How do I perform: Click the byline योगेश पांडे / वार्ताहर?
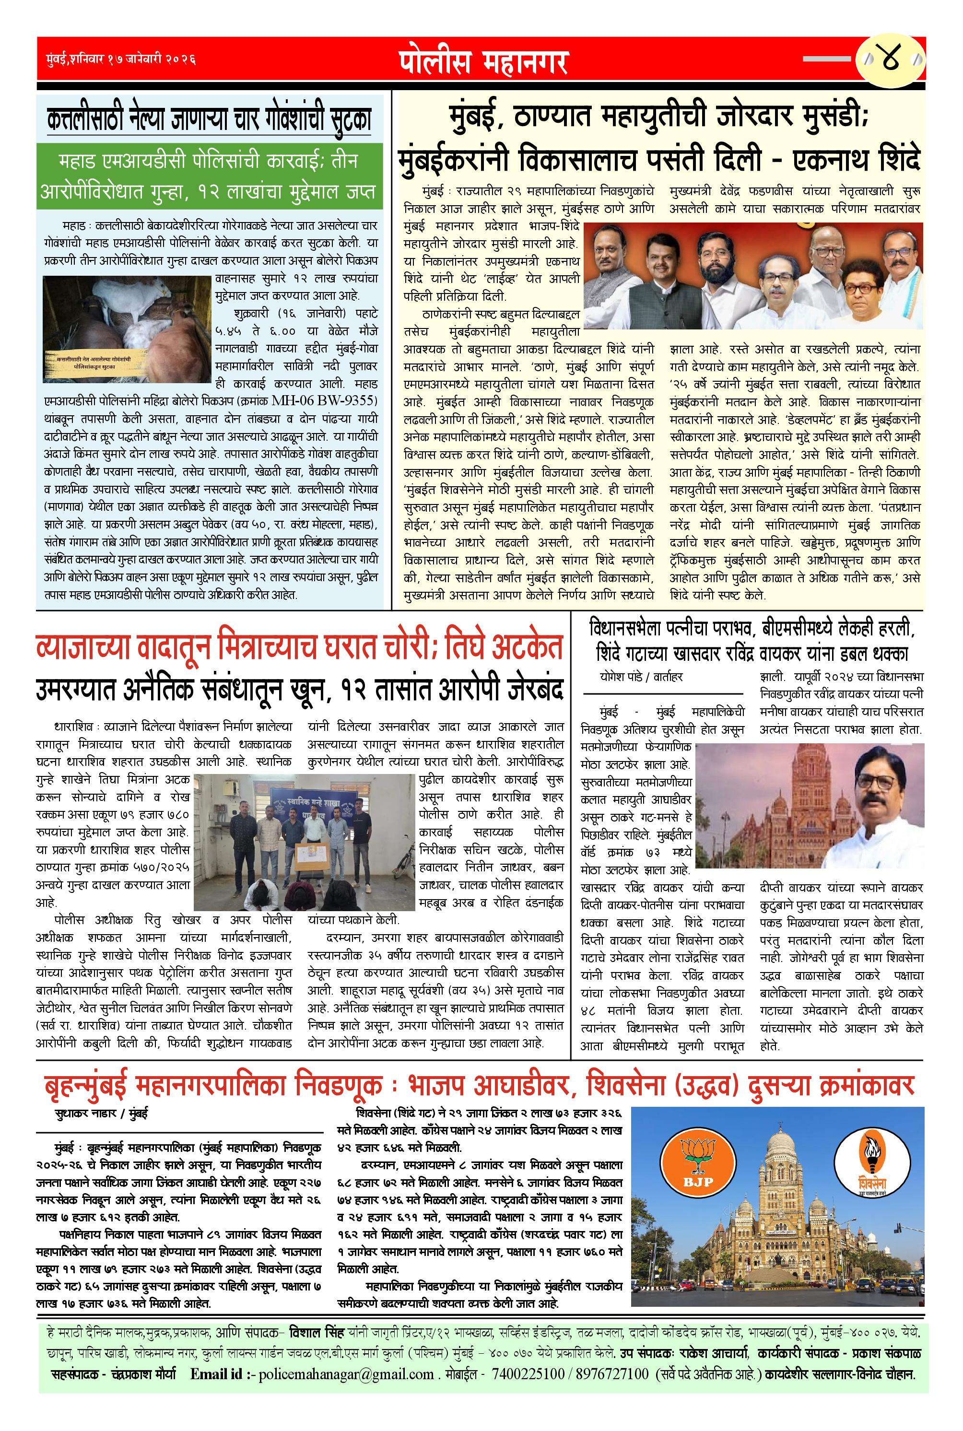(x=641, y=678)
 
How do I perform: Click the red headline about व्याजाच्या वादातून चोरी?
(x=299, y=647)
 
